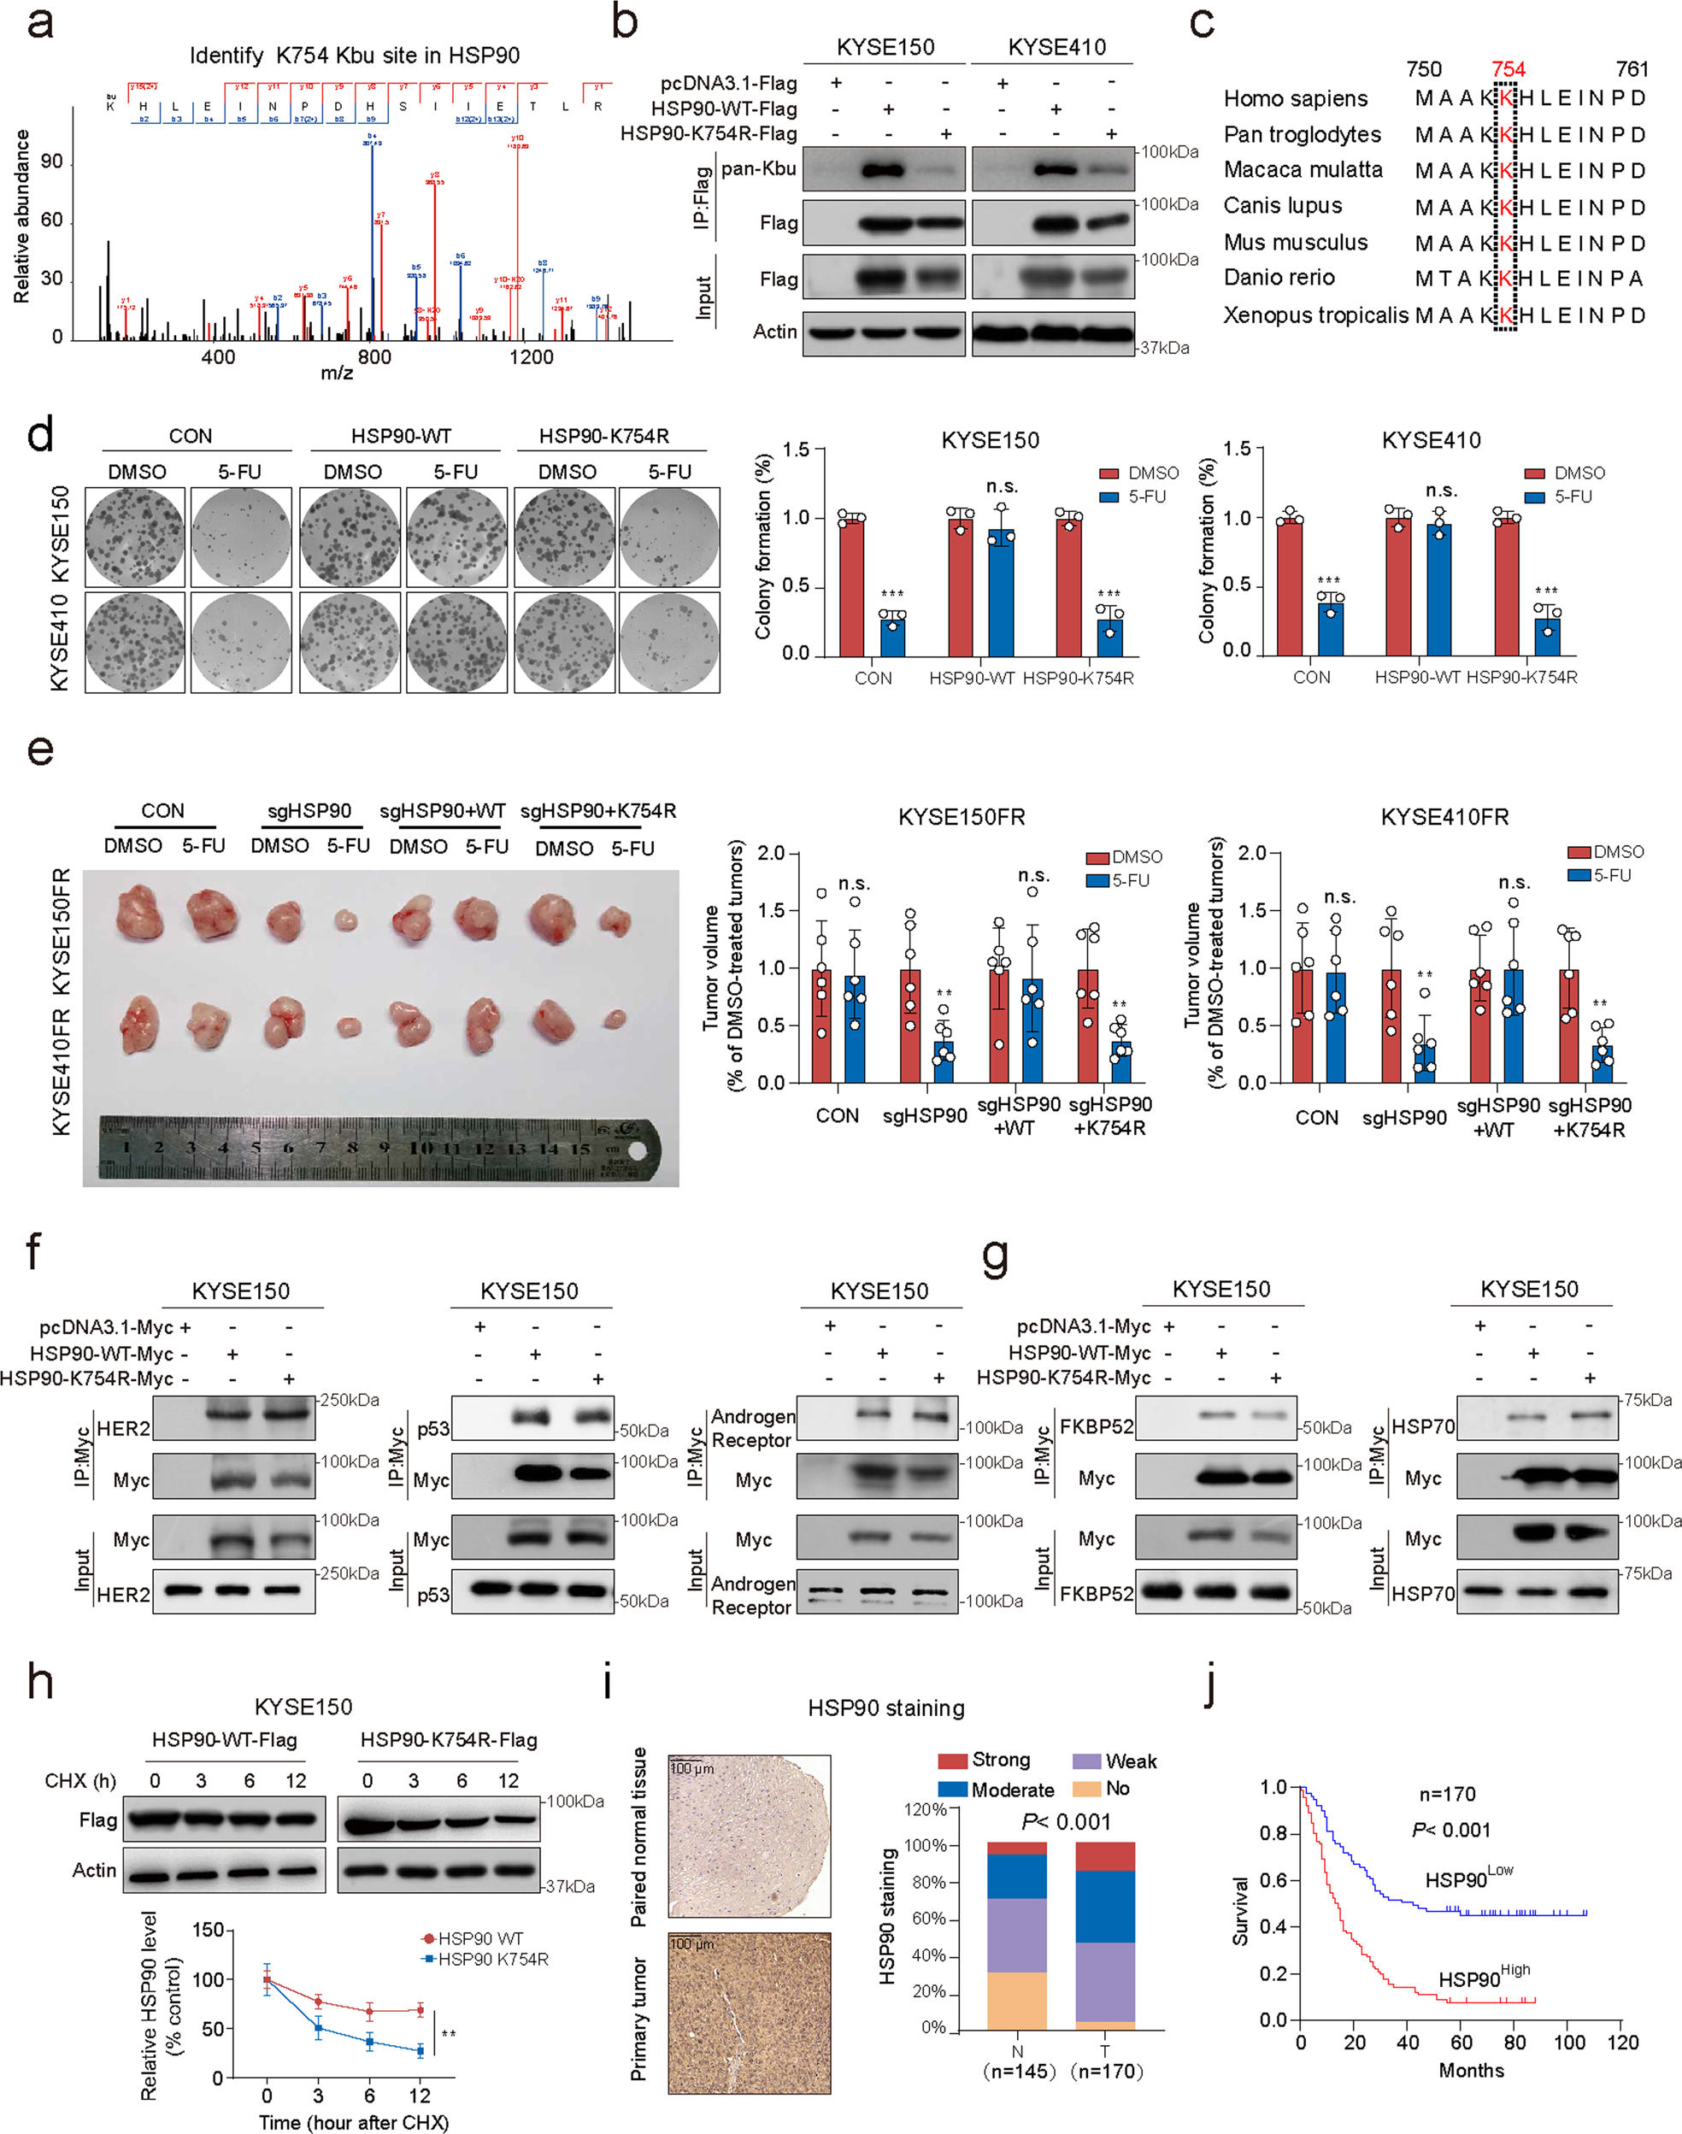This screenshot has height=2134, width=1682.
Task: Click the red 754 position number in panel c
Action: tap(1507, 69)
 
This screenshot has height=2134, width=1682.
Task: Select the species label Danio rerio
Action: tap(1279, 278)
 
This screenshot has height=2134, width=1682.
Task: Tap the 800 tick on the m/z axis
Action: tap(373, 356)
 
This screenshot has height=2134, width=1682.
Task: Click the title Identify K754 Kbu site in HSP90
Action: tap(355, 56)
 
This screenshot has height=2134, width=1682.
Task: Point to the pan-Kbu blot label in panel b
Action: tap(757, 168)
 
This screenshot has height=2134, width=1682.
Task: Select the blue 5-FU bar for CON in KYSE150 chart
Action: tap(892, 634)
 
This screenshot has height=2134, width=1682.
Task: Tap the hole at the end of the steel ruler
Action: tap(637, 1149)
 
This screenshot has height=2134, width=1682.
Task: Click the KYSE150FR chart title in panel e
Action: tap(962, 817)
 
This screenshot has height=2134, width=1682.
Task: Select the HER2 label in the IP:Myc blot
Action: tap(123, 1428)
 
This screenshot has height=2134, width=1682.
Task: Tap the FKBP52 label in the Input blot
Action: tap(1096, 1593)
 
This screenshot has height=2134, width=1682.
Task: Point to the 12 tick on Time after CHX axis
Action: tap(420, 2095)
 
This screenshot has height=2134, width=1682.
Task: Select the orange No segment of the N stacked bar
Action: tap(1016, 2000)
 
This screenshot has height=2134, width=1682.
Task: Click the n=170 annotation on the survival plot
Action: tap(1447, 1793)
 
